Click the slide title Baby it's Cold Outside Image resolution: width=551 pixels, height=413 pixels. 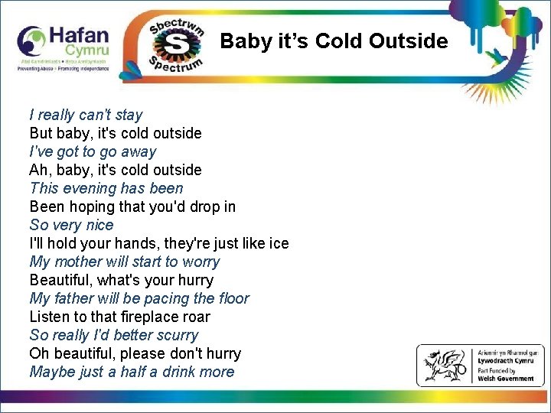tap(334, 41)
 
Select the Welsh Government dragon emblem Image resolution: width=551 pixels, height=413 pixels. tap(444, 366)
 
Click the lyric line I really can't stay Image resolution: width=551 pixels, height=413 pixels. tap(86, 115)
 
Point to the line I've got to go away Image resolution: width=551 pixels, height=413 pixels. tap(93, 151)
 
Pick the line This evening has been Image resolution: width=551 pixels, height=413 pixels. tap(106, 188)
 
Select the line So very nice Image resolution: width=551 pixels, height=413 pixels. tap(71, 225)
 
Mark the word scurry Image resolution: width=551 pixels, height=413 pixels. tap(175, 335)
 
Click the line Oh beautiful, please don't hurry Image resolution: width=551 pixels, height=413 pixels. tap(135, 353)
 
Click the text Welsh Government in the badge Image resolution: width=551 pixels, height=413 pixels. tap(506, 378)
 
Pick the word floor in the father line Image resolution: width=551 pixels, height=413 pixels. tap(230, 298)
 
